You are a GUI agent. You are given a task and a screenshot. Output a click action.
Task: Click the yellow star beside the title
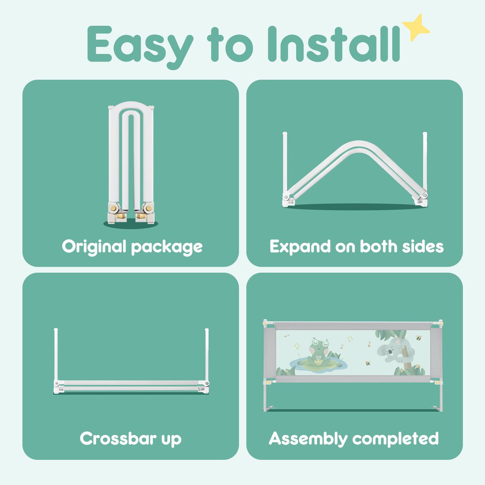[x=415, y=27]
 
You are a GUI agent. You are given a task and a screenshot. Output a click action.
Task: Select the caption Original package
[x=132, y=247]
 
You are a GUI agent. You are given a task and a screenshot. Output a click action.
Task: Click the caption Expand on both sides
[x=356, y=247]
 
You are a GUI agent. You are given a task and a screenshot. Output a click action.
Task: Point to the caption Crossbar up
[x=131, y=439]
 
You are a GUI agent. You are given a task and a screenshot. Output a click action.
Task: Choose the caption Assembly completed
[x=354, y=439]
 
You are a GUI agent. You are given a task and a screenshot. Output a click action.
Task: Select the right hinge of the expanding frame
[x=422, y=197]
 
